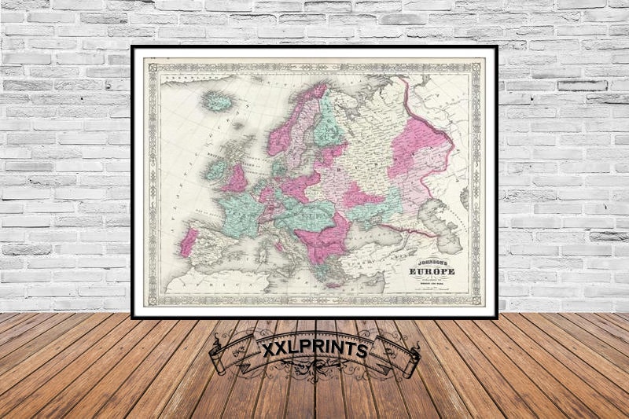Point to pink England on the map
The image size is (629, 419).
[236, 180]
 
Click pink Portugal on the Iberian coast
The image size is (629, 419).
[188, 242]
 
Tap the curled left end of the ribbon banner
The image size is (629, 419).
[222, 358]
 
